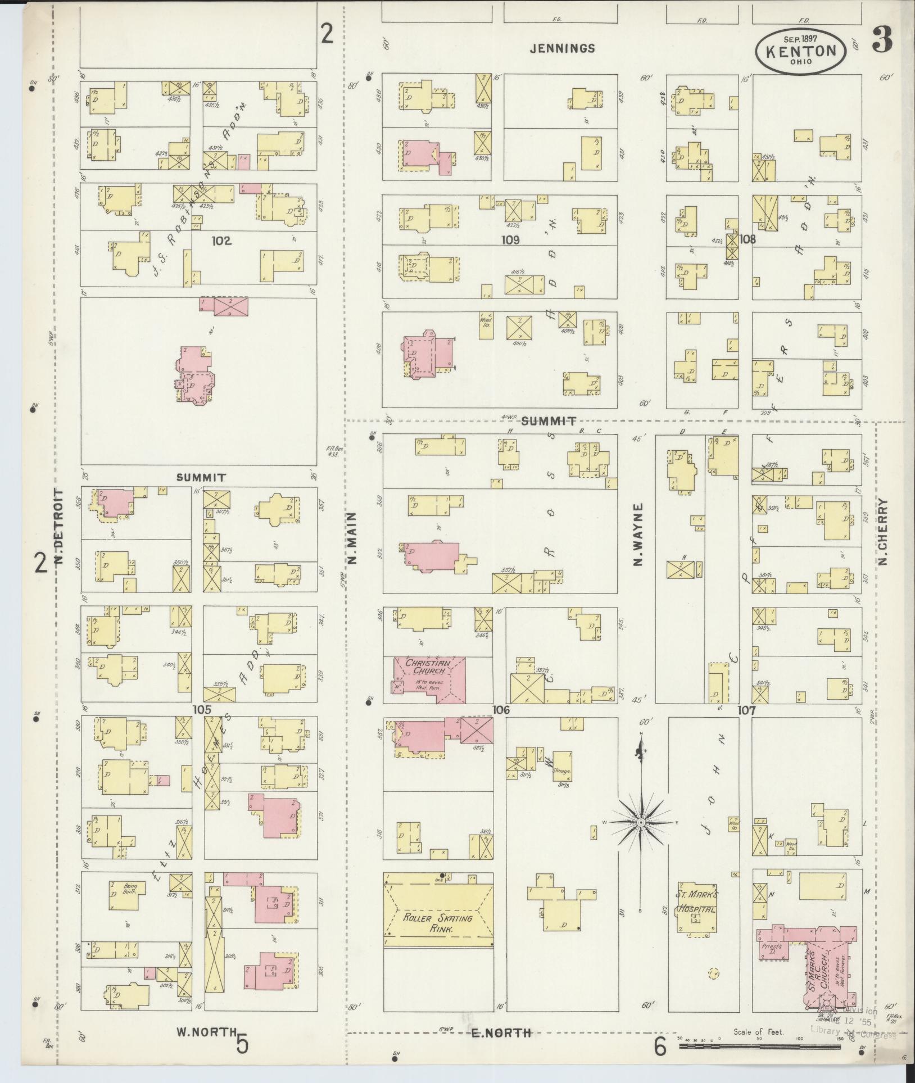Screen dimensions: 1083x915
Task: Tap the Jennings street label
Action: (562, 48)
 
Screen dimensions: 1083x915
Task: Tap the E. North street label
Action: (501, 1032)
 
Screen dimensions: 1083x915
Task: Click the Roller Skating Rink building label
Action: (437, 923)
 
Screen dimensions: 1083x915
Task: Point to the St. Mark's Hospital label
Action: (696, 902)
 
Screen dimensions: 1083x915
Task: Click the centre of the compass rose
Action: (640, 822)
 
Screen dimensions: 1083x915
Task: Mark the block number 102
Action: (221, 241)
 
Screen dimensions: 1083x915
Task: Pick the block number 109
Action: (511, 241)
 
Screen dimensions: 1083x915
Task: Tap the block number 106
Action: (501, 710)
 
